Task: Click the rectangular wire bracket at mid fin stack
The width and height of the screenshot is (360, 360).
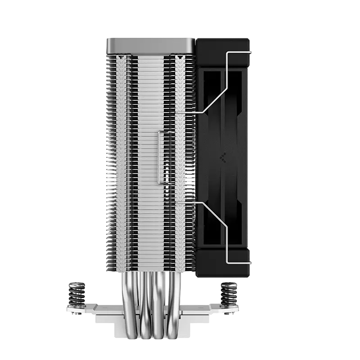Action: pyautogui.click(x=159, y=157)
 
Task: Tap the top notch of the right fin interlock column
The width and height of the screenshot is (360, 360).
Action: pyautogui.click(x=180, y=58)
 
